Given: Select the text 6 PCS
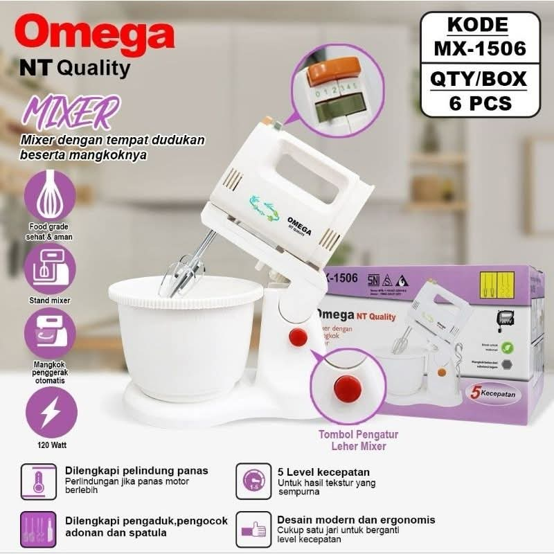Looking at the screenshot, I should point(480,104).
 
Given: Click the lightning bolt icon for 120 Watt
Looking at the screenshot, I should point(51,413).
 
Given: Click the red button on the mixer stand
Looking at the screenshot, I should point(298,338).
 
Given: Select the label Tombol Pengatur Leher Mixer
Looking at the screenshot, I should point(358,440).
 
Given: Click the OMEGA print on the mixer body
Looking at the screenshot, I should point(299,225).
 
